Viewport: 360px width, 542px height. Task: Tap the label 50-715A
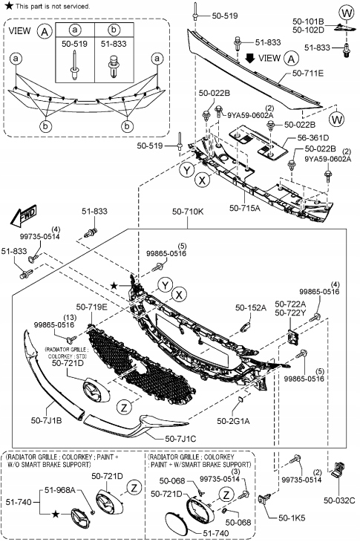tap(244, 208)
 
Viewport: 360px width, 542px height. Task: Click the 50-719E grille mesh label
tap(91, 306)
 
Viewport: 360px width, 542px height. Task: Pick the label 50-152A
tap(251, 307)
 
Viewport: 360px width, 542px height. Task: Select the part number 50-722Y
tap(290, 313)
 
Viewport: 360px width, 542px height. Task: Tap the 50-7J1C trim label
tap(180, 438)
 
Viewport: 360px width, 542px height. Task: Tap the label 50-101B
tap(308, 22)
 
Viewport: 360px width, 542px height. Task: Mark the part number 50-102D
tap(308, 30)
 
